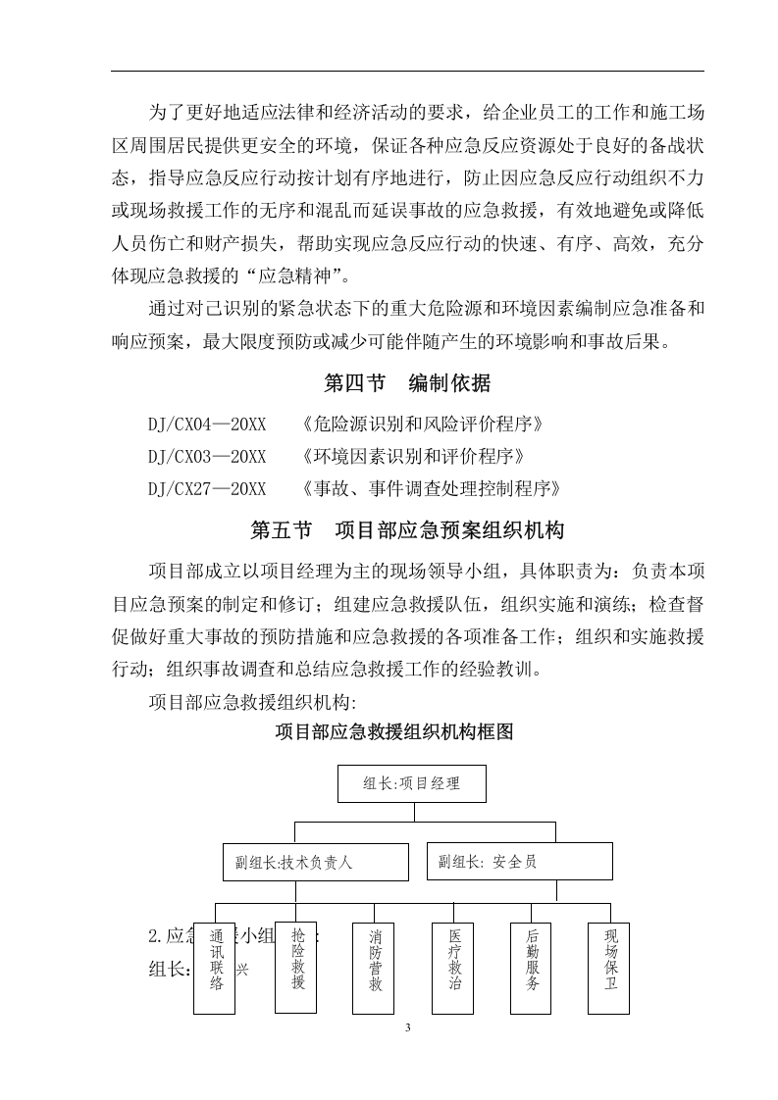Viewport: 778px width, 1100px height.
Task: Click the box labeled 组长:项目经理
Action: point(412,783)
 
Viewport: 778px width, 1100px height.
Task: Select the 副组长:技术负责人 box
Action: point(315,862)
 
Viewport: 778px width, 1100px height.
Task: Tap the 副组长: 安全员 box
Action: point(519,861)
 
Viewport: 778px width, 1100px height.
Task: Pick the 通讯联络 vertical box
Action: point(215,967)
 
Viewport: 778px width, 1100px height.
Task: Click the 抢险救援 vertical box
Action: point(297,967)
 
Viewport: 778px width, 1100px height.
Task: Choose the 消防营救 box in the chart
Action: point(375,967)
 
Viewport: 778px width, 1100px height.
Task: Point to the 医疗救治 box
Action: point(453,967)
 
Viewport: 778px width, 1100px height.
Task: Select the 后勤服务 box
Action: point(532,967)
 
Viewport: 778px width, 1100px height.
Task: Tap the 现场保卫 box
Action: point(610,967)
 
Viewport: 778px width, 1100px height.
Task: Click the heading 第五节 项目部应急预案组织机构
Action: point(407,530)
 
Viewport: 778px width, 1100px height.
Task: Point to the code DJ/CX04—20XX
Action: point(207,425)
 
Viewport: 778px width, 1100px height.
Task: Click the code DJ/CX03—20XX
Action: point(207,456)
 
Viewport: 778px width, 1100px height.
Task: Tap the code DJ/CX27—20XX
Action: point(207,487)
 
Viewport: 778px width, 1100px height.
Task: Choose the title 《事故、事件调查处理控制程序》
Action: point(431,487)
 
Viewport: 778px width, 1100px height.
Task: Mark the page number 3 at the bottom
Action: point(407,1028)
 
